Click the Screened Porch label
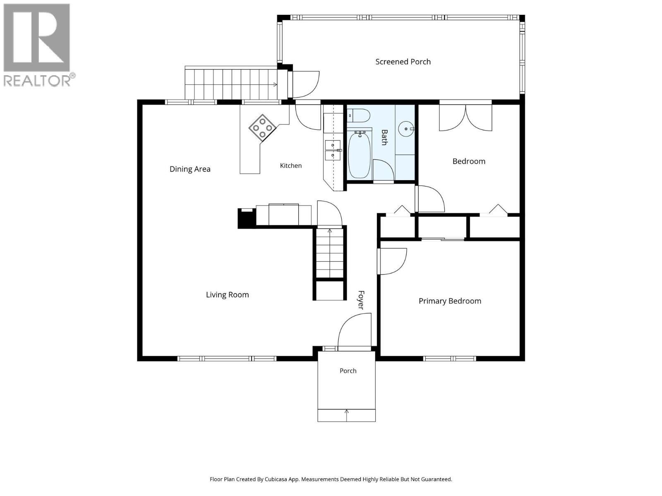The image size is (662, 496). (x=403, y=62)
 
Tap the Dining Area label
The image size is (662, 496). (x=189, y=169)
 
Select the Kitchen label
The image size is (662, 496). (x=290, y=165)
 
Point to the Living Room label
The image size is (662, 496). (x=227, y=295)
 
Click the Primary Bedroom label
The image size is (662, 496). (x=450, y=301)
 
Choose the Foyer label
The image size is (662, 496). (x=361, y=300)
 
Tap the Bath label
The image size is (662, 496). (x=384, y=137)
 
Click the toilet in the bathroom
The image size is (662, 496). (x=358, y=116)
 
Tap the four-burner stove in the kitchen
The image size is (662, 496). (x=262, y=128)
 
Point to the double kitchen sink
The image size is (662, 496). (x=333, y=150)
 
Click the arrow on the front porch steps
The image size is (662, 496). (x=347, y=415)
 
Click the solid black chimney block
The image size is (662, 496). (x=247, y=218)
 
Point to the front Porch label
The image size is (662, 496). (x=348, y=371)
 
